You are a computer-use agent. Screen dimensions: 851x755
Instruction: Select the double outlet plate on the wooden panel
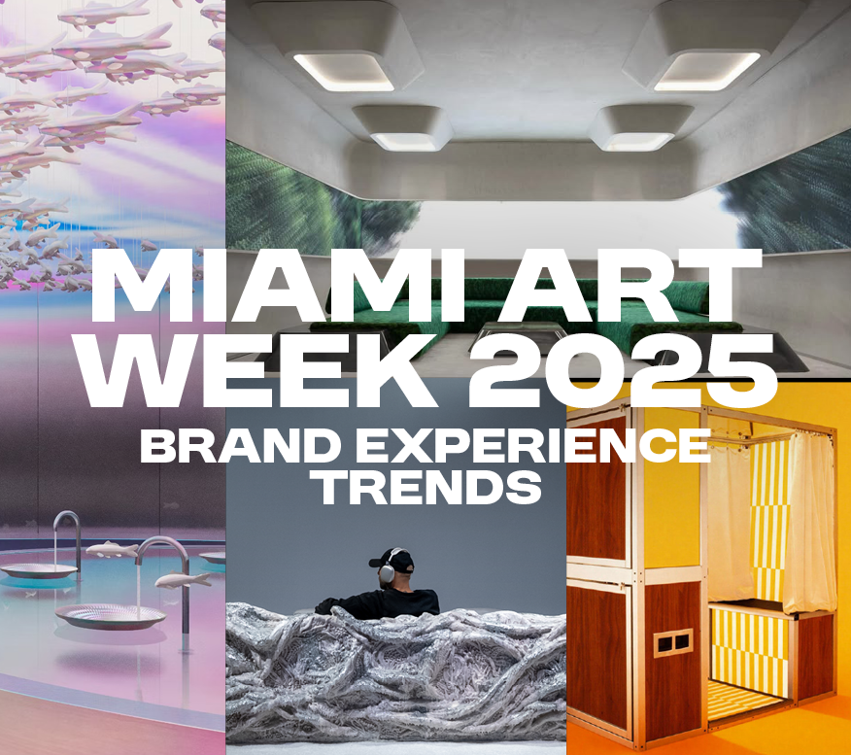point(673,643)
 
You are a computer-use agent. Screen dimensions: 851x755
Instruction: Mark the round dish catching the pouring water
point(111,617)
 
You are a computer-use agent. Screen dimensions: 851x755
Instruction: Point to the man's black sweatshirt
point(379,602)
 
